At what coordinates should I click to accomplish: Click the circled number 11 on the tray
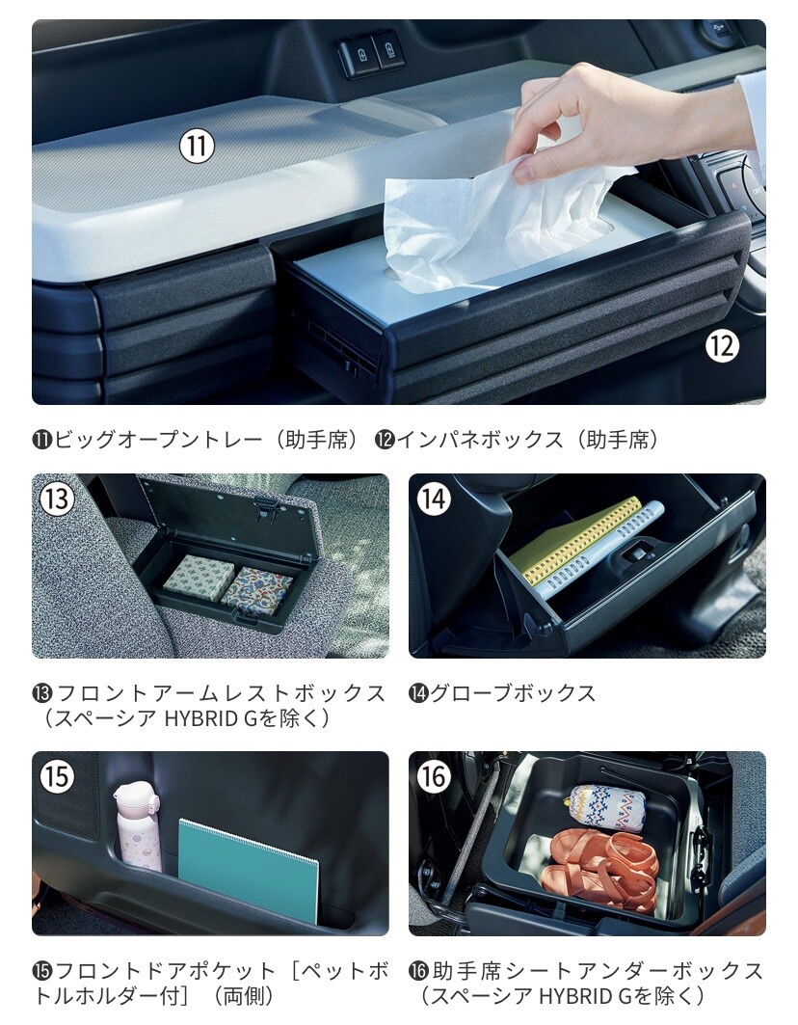(x=197, y=146)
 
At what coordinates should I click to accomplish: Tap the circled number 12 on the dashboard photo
(x=722, y=344)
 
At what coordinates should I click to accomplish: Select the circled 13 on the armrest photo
(x=57, y=499)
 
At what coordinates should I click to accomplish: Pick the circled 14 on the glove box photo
(x=434, y=499)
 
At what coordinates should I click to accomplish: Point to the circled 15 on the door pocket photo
(x=57, y=776)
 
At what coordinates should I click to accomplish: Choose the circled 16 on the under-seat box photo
(x=434, y=776)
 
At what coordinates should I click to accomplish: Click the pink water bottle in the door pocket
(x=138, y=826)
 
